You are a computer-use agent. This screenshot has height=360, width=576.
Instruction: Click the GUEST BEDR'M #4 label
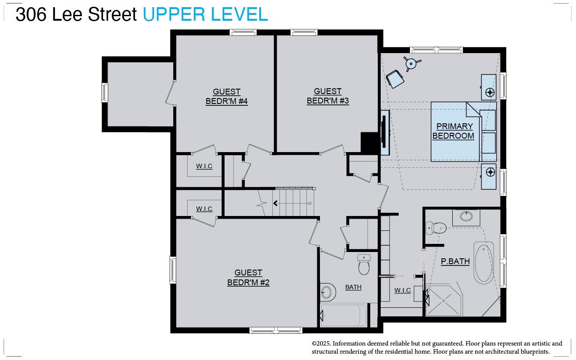(x=226, y=96)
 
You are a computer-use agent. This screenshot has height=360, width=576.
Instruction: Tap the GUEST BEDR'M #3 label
(x=328, y=96)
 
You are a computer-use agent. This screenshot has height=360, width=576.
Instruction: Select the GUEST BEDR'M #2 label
(x=248, y=278)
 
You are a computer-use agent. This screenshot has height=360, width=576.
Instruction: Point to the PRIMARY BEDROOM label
(x=453, y=131)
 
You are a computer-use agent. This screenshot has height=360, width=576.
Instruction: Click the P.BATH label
(x=455, y=261)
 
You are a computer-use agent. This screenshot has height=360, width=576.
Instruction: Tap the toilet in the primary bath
(x=436, y=228)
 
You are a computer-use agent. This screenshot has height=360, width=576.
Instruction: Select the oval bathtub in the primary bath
(x=484, y=262)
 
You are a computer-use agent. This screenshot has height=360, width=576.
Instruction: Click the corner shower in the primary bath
(x=444, y=301)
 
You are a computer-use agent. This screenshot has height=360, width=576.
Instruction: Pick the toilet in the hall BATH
(x=364, y=264)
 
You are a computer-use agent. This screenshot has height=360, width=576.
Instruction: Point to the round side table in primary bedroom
(x=411, y=63)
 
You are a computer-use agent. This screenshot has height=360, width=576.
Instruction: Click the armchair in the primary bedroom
(x=395, y=79)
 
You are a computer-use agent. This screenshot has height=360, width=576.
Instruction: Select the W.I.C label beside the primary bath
(x=402, y=290)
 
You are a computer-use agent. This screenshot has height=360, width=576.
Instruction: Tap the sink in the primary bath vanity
(x=466, y=216)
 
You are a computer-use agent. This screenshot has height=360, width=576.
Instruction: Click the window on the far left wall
(x=105, y=93)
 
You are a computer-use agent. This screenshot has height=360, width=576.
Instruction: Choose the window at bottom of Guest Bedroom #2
(x=276, y=330)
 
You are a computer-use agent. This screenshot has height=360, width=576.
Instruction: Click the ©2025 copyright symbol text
(x=321, y=343)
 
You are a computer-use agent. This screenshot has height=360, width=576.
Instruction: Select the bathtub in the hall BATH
(x=343, y=315)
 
